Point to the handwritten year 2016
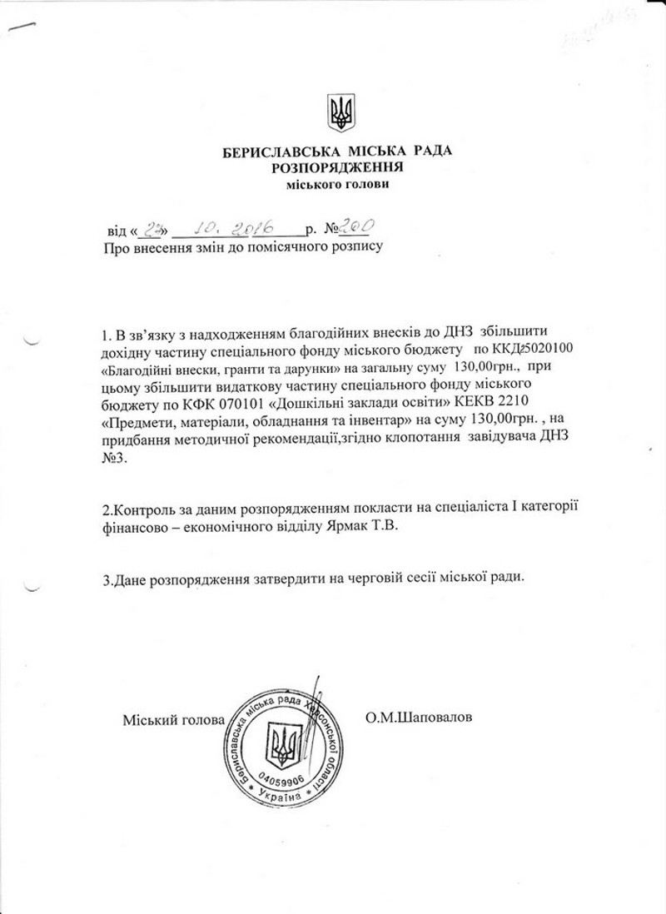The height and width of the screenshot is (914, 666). tap(259, 225)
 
